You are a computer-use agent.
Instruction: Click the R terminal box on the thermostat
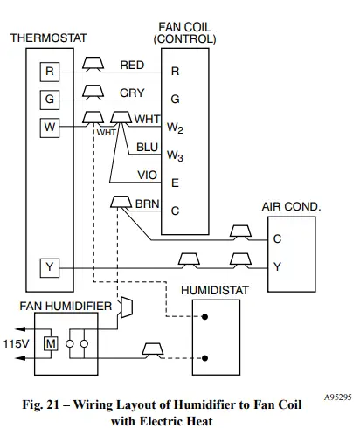click(50, 72)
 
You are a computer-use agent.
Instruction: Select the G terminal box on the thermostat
click(50, 99)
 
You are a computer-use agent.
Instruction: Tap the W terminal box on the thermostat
click(50, 127)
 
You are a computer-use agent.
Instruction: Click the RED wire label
click(133, 65)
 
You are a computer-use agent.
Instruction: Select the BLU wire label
click(147, 148)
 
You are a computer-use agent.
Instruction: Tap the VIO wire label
click(147, 175)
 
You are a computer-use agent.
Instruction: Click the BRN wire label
click(146, 203)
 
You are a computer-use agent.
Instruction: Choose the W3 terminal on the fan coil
click(176, 156)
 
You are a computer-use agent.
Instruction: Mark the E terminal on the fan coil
click(175, 183)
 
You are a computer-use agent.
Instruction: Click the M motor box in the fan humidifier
click(51, 344)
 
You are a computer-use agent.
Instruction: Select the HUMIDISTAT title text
click(216, 289)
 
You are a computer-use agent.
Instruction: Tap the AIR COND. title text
click(291, 207)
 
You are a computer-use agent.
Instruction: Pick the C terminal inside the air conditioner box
click(277, 238)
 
